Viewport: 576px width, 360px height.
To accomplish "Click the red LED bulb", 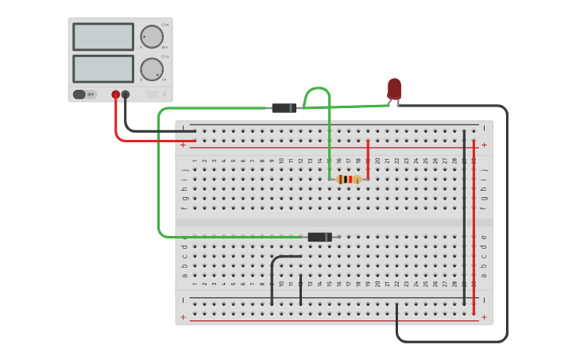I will point(394,88).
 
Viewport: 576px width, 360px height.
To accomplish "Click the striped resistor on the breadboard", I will point(348,180).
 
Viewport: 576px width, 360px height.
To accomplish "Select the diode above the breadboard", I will point(284,108).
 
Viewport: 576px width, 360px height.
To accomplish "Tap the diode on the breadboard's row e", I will point(319,237).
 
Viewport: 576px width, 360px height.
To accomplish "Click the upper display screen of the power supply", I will point(103,37).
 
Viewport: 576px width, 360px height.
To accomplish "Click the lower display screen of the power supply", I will point(103,68).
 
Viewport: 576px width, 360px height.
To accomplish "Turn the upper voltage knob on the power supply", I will point(152,37).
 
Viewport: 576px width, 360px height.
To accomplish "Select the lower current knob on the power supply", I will point(152,69).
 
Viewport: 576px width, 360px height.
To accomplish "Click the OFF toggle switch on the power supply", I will point(84,95).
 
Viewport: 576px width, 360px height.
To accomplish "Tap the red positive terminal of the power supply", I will point(116,95).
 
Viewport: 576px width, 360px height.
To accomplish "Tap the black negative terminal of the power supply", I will point(126,95).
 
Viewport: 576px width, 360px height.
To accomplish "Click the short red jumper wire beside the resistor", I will point(368,159).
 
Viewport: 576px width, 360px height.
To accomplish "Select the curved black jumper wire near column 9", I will point(274,270).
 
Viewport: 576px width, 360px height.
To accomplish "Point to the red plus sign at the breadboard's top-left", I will point(183,145).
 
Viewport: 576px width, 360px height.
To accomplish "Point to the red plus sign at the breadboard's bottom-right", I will point(484,317).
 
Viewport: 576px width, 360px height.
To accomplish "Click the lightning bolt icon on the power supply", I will point(164,95).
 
